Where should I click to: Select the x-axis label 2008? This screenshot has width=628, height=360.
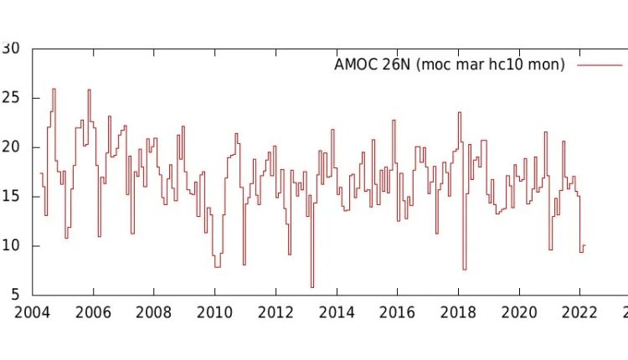tap(153, 312)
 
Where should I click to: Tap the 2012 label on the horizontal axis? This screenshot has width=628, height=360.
tap(275, 312)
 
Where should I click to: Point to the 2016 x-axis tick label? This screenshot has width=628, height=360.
tap(397, 312)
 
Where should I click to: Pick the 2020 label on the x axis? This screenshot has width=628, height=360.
tap(519, 312)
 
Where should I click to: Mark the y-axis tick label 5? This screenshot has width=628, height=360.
tap(16, 295)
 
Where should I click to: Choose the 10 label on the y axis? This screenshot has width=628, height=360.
tap(12, 246)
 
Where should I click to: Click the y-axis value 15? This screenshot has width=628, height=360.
tap(12, 197)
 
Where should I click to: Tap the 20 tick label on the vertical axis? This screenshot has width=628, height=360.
tap(12, 147)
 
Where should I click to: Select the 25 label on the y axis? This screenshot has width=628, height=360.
tap(12, 98)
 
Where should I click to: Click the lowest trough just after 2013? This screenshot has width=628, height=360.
tap(312, 286)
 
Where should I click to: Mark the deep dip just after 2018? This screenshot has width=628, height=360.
tap(464, 269)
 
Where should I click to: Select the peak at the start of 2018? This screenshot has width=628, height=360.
tap(459, 113)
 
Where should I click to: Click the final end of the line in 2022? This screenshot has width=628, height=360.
tap(584, 245)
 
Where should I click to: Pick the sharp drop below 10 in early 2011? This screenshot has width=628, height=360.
tap(244, 264)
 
